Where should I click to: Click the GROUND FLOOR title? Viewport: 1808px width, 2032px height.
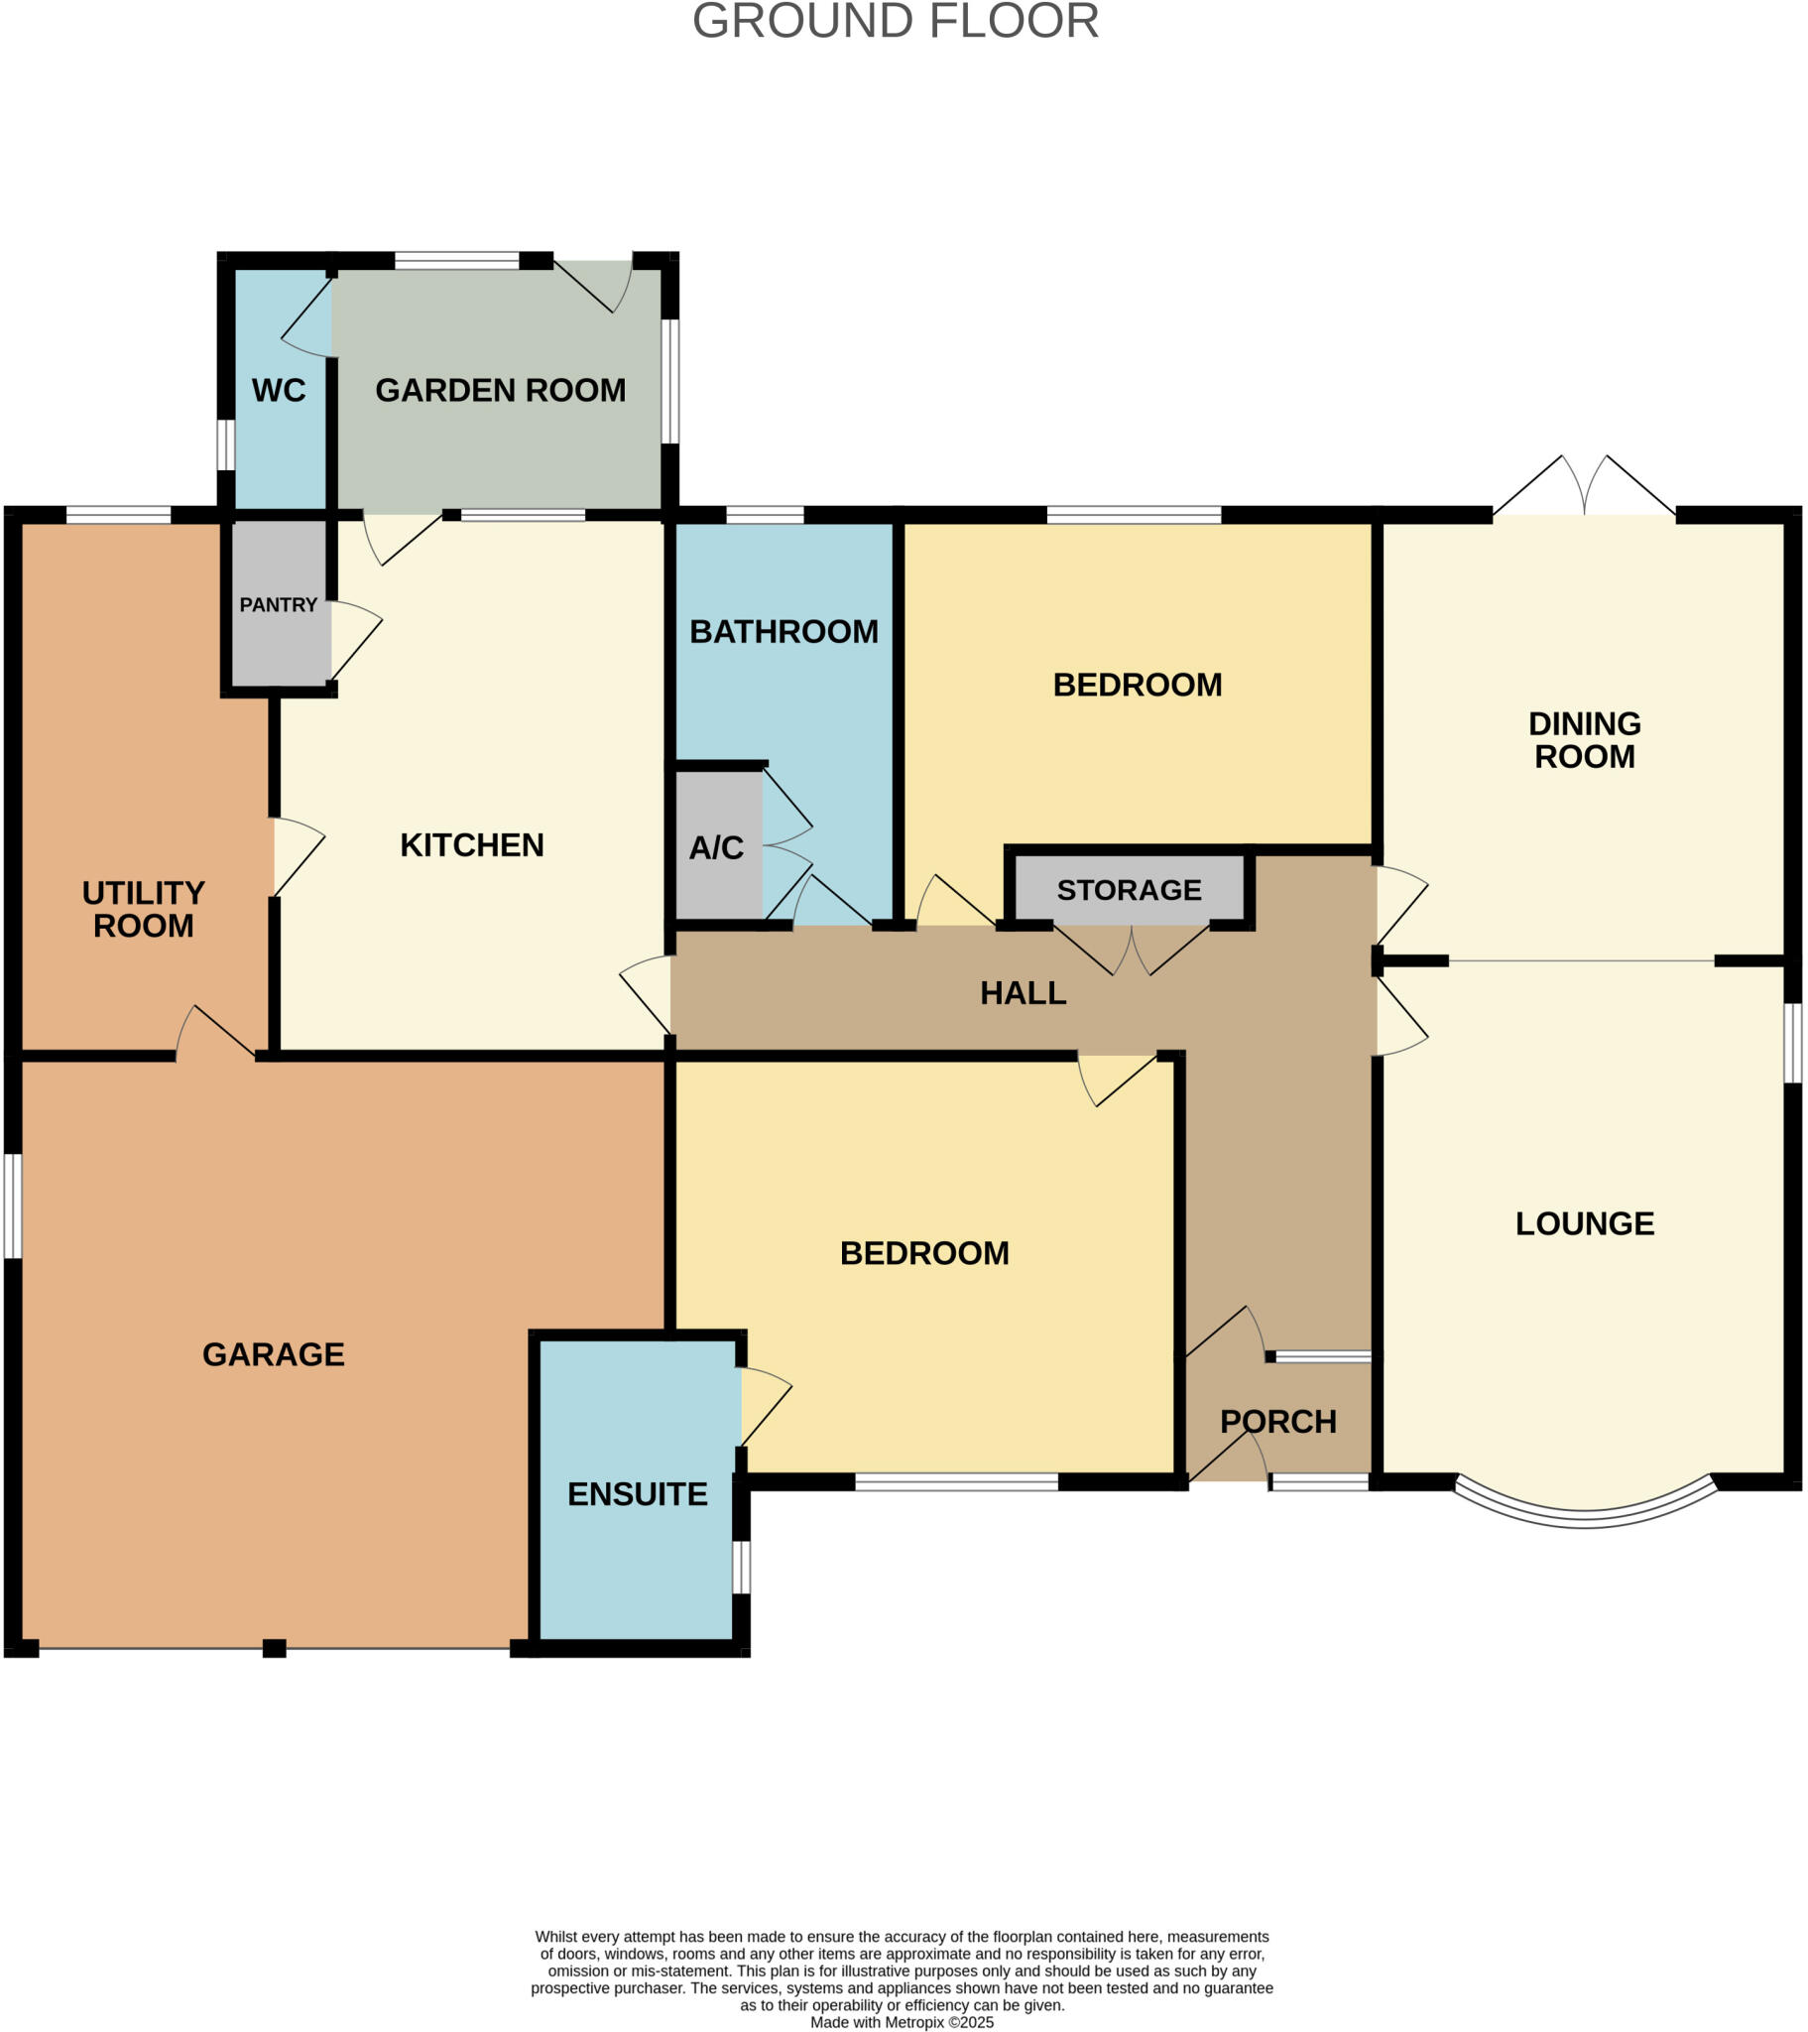pyautogui.click(x=896, y=22)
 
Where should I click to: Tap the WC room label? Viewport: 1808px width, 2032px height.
pyautogui.click(x=279, y=391)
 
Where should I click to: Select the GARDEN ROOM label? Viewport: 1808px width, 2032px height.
pyautogui.click(x=500, y=391)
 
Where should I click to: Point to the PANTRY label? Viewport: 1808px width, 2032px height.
pyautogui.click(x=279, y=605)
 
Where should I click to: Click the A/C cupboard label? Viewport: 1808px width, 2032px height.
pyautogui.click(x=716, y=848)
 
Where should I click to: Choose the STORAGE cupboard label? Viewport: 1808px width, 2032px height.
pyautogui.click(x=1129, y=890)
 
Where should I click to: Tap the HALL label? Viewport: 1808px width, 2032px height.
pyautogui.click(x=1023, y=993)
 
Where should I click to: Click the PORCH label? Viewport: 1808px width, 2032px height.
pyautogui.click(x=1278, y=1422)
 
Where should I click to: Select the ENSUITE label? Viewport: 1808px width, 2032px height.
pyautogui.click(x=637, y=1494)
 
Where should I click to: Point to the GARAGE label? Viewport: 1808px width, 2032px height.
pyautogui.click(x=274, y=1354)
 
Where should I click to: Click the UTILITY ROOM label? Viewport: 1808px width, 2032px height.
pyautogui.click(x=143, y=910)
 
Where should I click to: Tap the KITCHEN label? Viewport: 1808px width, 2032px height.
pyautogui.click(x=472, y=845)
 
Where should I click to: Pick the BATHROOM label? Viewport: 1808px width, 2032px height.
pyautogui.click(x=783, y=631)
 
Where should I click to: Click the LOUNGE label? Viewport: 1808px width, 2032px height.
pyautogui.click(x=1585, y=1223)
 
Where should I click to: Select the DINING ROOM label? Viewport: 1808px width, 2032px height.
pyautogui.click(x=1585, y=739)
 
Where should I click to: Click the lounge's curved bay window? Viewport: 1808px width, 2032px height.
pyautogui.click(x=1585, y=1515)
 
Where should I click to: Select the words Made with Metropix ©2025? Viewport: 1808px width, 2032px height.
pyautogui.click(x=902, y=2022)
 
